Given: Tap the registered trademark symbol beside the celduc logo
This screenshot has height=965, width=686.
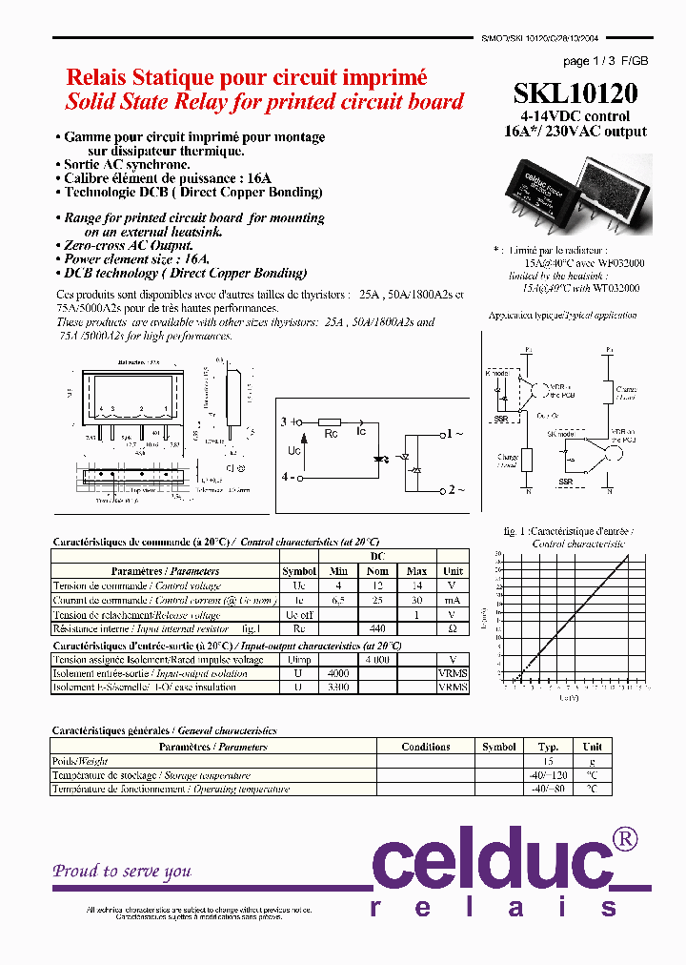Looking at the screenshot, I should [625, 838].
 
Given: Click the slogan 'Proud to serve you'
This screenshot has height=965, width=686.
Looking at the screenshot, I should [122, 871].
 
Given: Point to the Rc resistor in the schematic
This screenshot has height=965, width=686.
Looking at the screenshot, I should [330, 421].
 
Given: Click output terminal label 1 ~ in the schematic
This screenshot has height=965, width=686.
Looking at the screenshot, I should [455, 434].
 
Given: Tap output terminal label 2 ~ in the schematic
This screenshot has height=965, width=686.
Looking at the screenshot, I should [455, 490].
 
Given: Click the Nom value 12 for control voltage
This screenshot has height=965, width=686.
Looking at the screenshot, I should [377, 585].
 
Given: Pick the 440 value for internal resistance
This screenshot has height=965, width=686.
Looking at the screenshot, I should [377, 628].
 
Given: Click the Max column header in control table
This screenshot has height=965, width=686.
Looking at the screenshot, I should [416, 571].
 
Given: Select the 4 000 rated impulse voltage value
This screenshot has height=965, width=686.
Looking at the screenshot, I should [377, 659].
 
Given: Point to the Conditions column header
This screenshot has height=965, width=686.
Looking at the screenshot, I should [426, 747].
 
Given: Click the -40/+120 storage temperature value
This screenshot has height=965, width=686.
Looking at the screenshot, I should [548, 775].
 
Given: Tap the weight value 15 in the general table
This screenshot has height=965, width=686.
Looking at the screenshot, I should [548, 761].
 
